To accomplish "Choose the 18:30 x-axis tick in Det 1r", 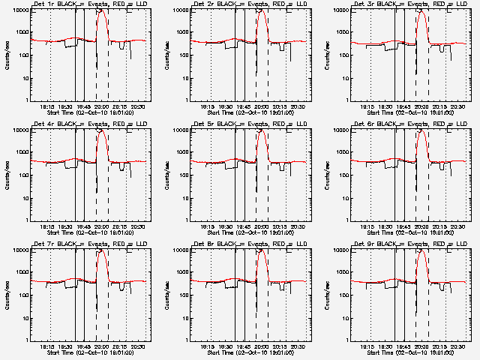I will (66, 106).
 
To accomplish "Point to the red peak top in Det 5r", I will (262, 131).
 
